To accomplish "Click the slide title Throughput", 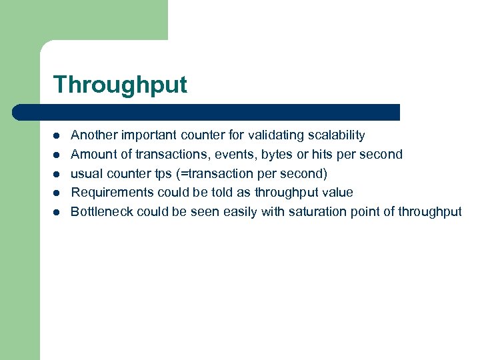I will [x=120, y=85].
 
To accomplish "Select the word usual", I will [x=86, y=174].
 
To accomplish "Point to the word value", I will [x=337, y=193].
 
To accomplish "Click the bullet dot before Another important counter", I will [x=57, y=136].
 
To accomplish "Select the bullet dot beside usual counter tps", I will [x=57, y=175].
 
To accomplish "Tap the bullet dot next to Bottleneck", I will [x=57, y=213].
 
